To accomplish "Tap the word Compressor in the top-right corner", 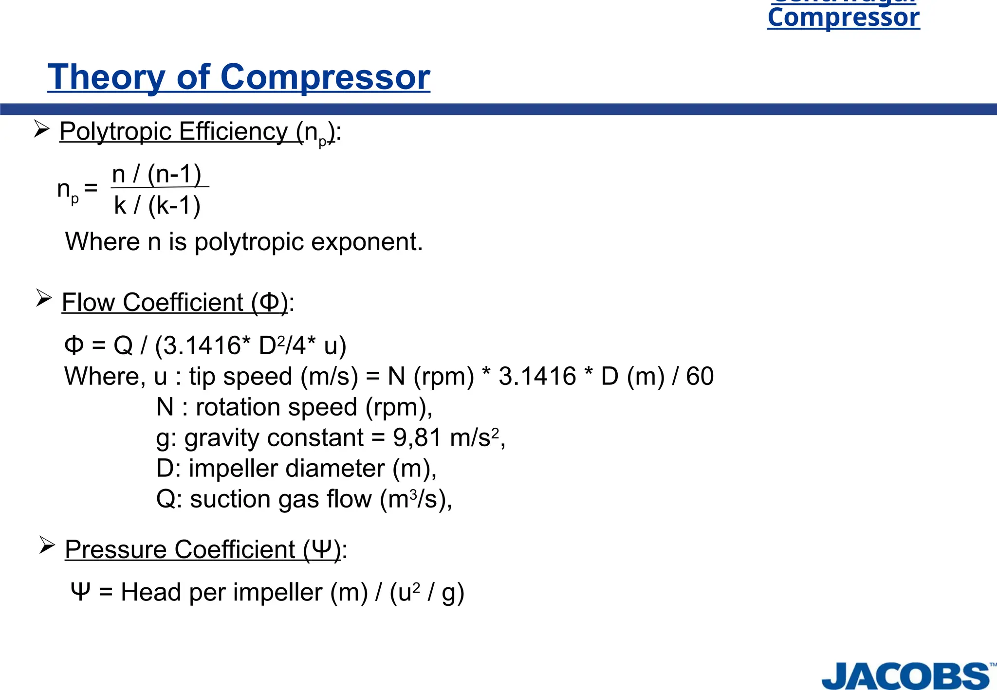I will pyautogui.click(x=843, y=18).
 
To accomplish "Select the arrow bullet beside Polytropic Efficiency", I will pyautogui.click(x=42, y=129).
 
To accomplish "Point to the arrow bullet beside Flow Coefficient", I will pyautogui.click(x=44, y=298).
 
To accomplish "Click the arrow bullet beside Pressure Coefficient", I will pyautogui.click(x=47, y=545).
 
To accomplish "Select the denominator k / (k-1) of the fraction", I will pyautogui.click(x=157, y=205).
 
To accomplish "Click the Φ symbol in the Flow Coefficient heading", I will pyautogui.click(x=269, y=302).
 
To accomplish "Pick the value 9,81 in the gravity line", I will pyautogui.click(x=417, y=437).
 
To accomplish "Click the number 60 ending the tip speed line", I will pyautogui.click(x=700, y=376).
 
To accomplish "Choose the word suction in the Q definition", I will pyautogui.click(x=230, y=499).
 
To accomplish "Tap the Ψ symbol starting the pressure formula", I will pyautogui.click(x=80, y=592).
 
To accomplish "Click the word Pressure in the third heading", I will pyautogui.click(x=116, y=549).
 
